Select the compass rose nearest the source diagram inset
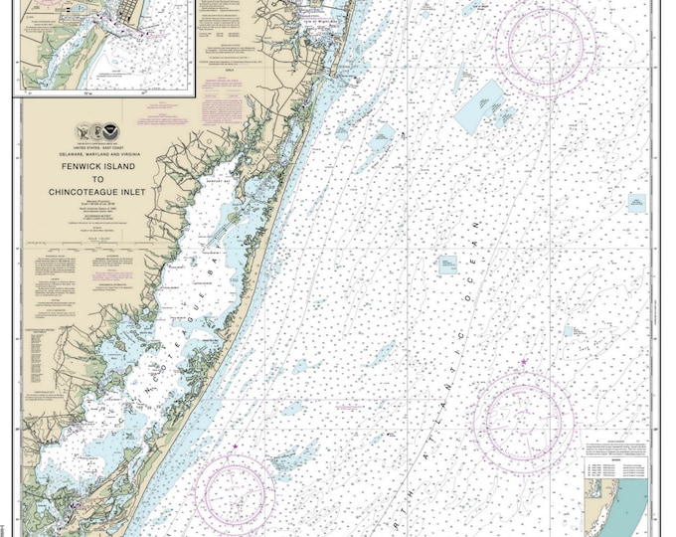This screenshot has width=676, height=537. [x=524, y=417]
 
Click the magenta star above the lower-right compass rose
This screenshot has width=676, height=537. [x=523, y=360]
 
